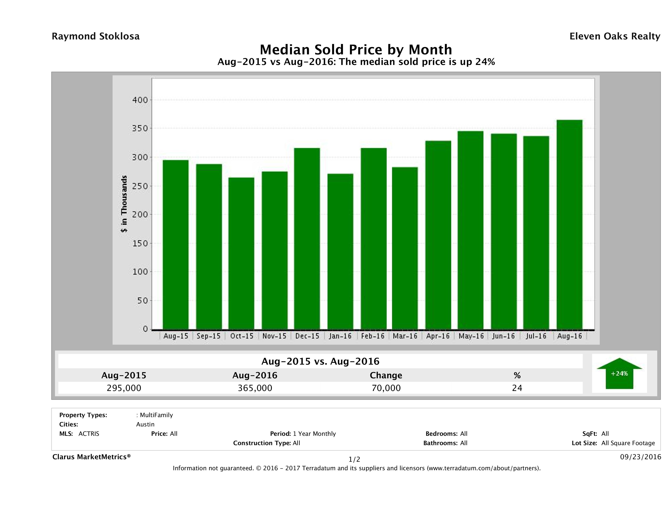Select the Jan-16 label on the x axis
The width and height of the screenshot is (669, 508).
(340, 336)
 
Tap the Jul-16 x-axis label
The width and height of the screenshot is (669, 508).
(536, 336)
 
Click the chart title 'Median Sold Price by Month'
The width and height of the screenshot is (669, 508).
(356, 50)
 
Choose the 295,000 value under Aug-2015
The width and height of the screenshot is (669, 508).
(124, 388)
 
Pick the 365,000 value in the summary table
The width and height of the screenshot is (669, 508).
(255, 388)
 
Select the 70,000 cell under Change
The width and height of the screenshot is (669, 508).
(386, 388)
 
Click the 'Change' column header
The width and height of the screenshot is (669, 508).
(386, 375)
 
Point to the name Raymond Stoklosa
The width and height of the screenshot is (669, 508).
(96, 36)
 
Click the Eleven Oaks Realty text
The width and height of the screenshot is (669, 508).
(614, 36)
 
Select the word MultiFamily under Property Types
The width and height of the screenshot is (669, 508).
(156, 415)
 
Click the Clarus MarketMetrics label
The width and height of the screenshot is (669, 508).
(91, 457)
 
